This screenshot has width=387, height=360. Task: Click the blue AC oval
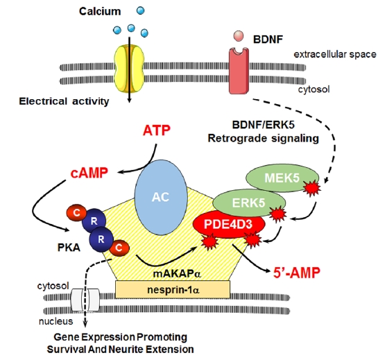tap(161, 197)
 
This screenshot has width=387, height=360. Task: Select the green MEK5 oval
tap(282, 178)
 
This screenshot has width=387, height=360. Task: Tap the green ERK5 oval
tap(249, 203)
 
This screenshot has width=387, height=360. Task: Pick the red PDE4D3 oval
tap(229, 224)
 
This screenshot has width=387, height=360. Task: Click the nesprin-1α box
tap(173, 289)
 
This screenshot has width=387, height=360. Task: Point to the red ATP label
tap(157, 130)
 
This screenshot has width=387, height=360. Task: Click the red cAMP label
tap(89, 173)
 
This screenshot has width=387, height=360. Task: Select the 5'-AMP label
tap(297, 273)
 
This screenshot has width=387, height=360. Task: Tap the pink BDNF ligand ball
tap(239, 36)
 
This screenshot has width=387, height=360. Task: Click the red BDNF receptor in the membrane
tap(239, 71)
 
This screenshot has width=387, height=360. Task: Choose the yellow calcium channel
tap(129, 69)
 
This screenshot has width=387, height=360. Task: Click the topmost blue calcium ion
tap(140, 10)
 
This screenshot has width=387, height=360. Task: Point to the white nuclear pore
tap(85, 300)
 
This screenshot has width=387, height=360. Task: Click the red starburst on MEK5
tap(312, 188)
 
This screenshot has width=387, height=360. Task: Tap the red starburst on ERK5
tap(277, 214)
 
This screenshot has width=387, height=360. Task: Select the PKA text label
tap(69, 248)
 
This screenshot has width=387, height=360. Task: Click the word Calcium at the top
tap(100, 11)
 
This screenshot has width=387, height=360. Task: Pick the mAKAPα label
tap(177, 273)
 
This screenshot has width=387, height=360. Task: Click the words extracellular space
tap(335, 54)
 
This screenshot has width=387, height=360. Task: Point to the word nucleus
tap(56, 321)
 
